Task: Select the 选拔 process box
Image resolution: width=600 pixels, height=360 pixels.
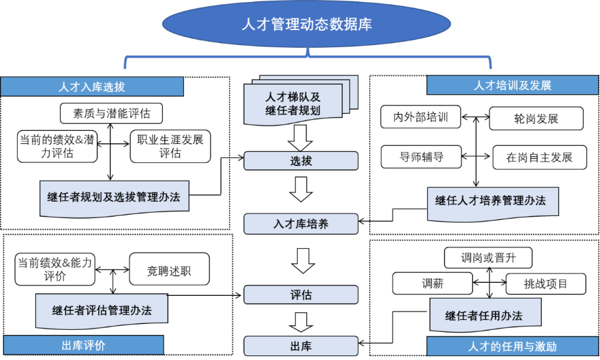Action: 301,161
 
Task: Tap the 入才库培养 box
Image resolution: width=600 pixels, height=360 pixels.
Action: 301,224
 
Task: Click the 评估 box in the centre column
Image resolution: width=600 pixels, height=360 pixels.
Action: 301,295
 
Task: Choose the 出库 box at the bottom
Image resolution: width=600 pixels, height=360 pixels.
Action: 301,346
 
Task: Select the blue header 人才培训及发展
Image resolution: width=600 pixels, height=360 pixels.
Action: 512,85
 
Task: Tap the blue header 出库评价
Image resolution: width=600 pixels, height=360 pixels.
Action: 83,345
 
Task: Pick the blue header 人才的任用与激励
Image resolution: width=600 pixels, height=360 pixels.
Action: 512,346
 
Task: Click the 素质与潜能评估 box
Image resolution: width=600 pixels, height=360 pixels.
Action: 111,113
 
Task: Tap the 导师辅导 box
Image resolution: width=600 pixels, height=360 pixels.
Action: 421,157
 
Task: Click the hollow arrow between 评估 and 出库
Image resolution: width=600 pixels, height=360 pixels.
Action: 301,321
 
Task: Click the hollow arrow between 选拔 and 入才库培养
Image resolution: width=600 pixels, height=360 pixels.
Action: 301,192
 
